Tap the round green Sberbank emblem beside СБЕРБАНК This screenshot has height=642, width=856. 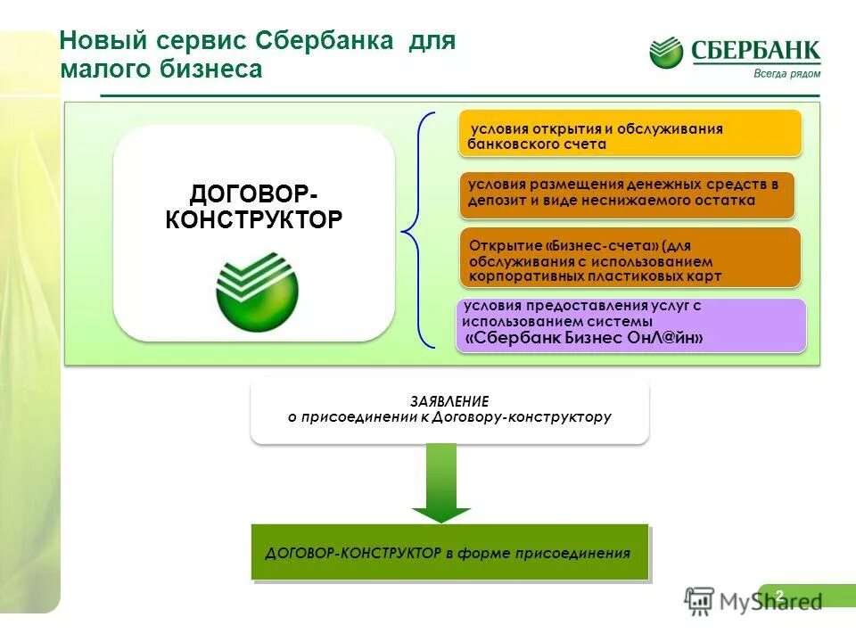click(x=666, y=53)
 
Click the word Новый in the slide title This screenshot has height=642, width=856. click(x=100, y=41)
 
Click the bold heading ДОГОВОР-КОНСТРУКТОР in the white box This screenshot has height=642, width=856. click(x=253, y=207)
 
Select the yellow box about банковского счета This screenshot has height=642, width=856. click(x=630, y=135)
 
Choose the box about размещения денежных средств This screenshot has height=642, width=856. click(x=627, y=193)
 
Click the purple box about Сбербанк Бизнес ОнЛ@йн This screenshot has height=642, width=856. click(x=630, y=325)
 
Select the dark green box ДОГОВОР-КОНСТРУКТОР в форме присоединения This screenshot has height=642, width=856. click(x=449, y=553)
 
